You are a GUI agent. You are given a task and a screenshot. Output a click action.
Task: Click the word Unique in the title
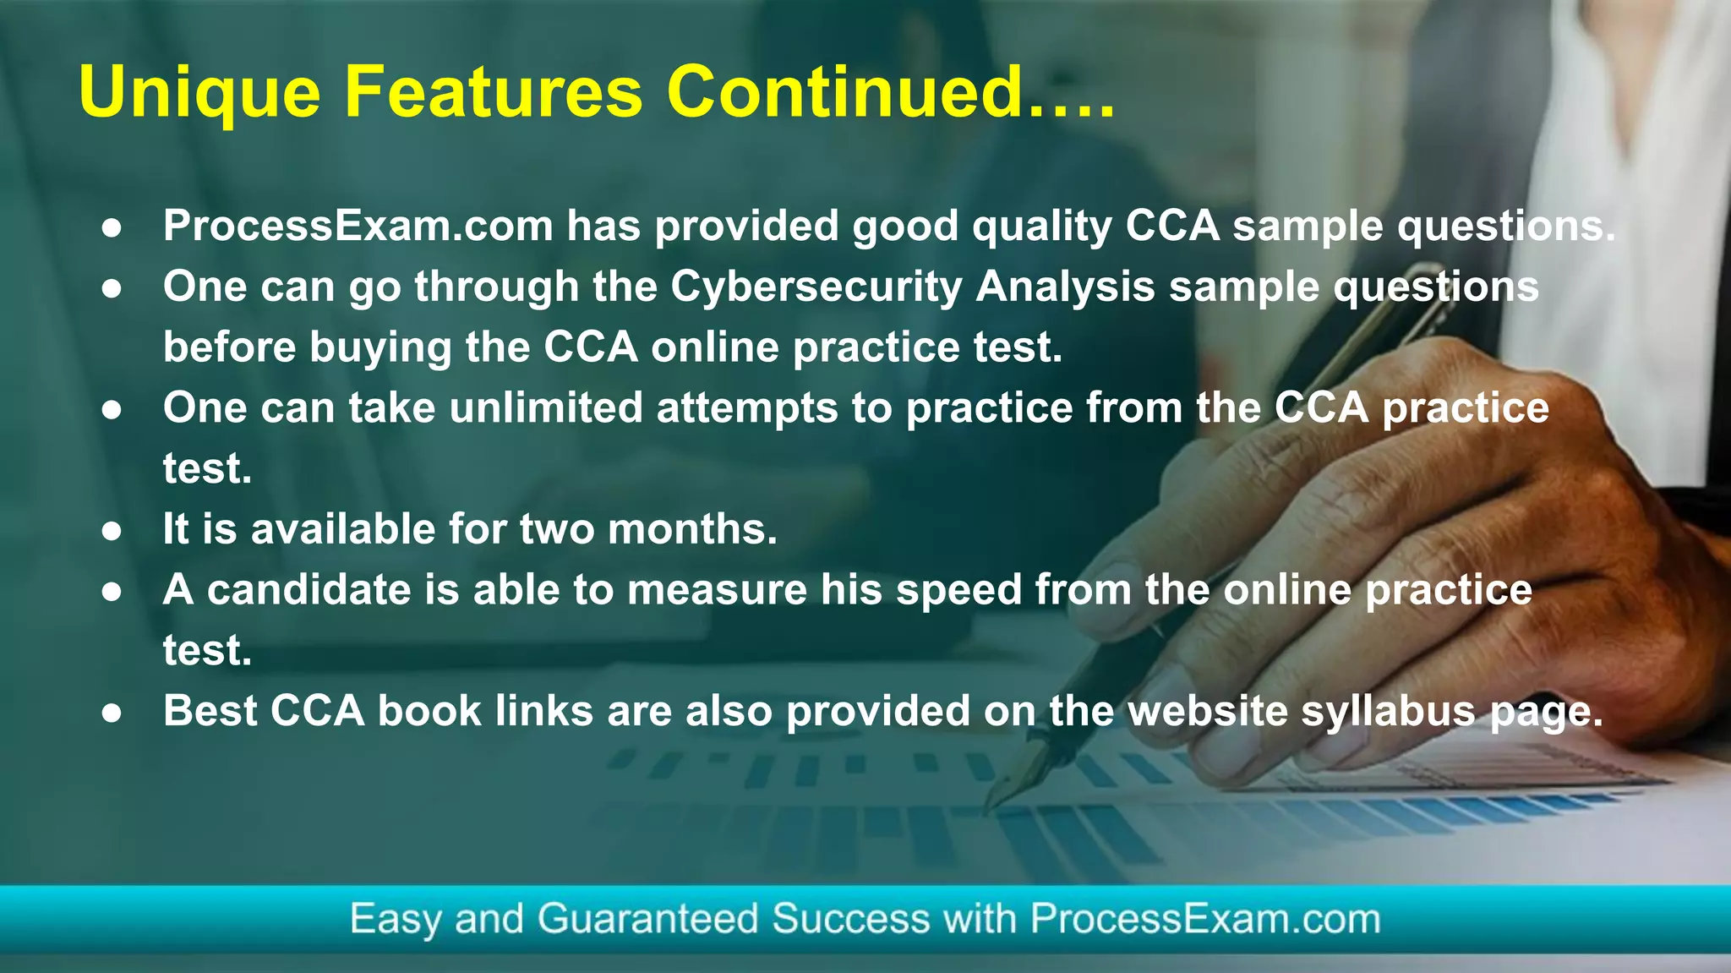click(x=199, y=93)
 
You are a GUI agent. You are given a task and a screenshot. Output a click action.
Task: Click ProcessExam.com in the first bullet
click(x=358, y=226)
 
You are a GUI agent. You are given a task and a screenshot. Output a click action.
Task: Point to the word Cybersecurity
click(x=816, y=287)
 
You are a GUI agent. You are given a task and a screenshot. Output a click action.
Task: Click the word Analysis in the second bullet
click(x=1066, y=287)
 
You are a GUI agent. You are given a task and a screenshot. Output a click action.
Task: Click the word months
click(x=692, y=529)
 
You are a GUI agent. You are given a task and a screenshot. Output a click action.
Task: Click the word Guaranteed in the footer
click(x=647, y=920)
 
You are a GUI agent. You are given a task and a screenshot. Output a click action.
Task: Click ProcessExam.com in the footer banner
click(x=1205, y=919)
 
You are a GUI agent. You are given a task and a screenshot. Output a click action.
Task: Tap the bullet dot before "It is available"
click(x=112, y=531)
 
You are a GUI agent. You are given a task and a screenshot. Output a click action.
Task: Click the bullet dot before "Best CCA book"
click(x=112, y=713)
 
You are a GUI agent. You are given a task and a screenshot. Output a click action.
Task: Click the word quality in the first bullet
click(x=1042, y=227)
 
